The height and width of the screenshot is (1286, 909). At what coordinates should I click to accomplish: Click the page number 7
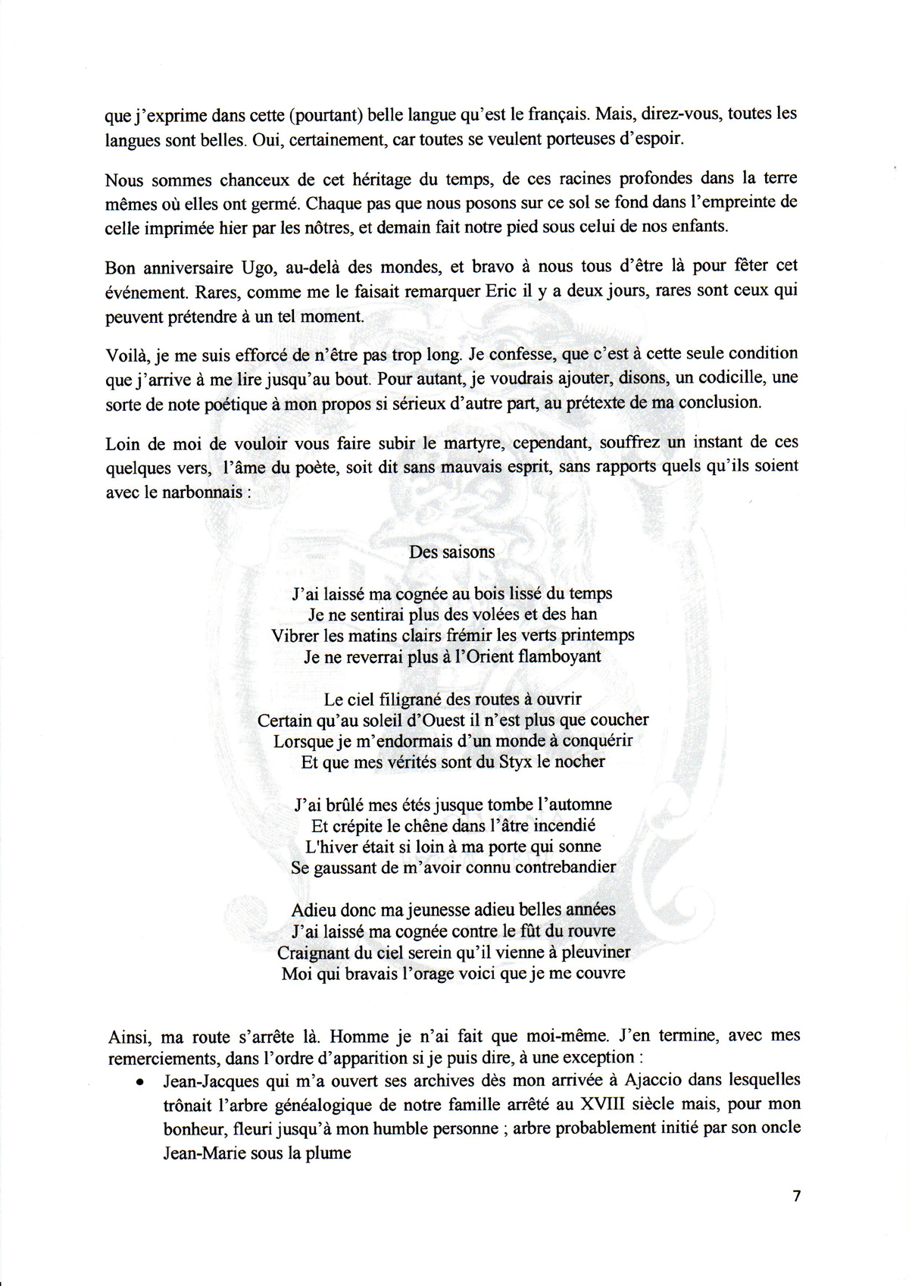tap(795, 1197)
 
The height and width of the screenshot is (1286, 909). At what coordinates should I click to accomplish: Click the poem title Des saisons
tap(451, 552)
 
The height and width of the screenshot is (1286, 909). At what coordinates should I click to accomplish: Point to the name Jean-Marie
tap(208, 1152)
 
